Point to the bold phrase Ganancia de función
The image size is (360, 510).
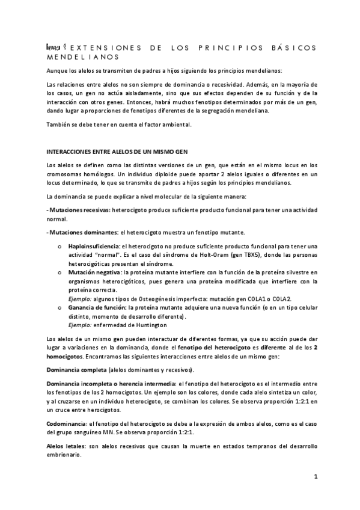[96, 307]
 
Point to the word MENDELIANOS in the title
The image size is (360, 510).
[82, 57]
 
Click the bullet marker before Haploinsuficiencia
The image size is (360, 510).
[59, 247]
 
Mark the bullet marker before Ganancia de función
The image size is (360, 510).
[59, 307]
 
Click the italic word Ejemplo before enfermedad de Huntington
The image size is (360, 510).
[79, 325]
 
